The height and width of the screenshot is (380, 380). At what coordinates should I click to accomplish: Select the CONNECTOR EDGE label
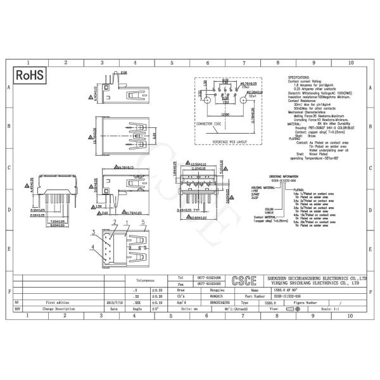208,124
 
